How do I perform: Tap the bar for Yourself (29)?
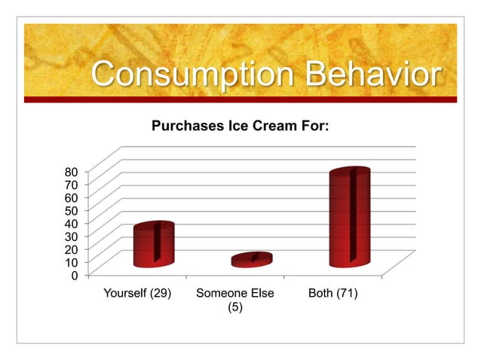(154, 245)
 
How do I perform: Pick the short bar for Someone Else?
(252, 260)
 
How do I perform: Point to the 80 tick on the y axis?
(70, 169)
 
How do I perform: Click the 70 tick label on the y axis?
(70, 183)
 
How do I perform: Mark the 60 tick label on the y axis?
(70, 196)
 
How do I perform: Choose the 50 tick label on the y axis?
(70, 209)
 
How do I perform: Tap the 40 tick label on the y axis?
(70, 222)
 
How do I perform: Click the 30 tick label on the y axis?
(70, 236)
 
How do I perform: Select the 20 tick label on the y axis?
(70, 249)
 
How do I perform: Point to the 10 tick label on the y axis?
(70, 262)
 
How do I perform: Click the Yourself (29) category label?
(136, 293)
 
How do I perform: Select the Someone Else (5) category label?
(234, 300)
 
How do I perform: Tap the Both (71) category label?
(332, 293)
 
